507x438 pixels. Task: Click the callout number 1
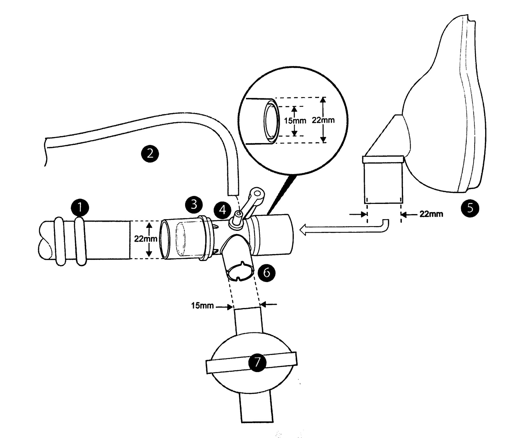click(80, 207)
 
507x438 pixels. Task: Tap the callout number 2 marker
click(150, 154)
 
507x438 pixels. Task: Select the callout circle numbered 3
click(194, 205)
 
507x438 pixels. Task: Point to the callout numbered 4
click(223, 210)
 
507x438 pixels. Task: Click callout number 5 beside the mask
click(470, 208)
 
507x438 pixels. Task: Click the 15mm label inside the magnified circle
click(295, 121)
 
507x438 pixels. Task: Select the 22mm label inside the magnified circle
click(323, 120)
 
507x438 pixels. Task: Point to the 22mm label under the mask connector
click(431, 214)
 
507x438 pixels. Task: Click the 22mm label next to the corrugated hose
click(145, 239)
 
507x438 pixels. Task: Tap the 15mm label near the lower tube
click(202, 306)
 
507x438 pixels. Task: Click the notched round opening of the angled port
click(241, 271)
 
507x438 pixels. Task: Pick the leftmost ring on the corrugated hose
click(59, 241)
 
